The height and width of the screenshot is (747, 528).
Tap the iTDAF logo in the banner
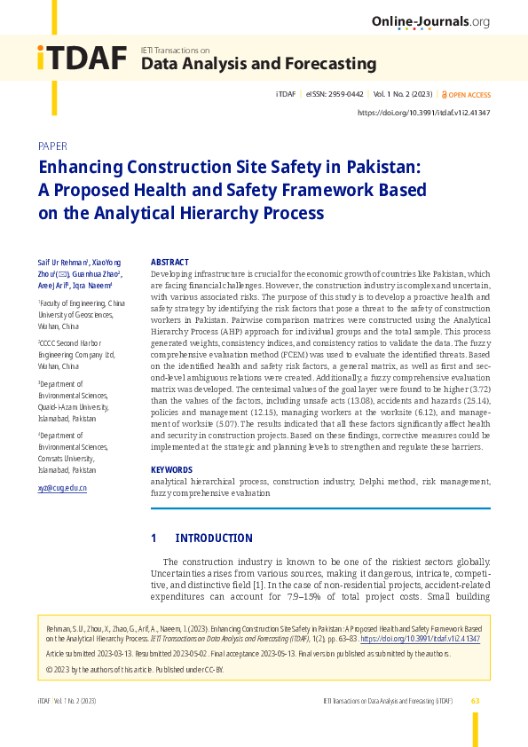pos(82,58)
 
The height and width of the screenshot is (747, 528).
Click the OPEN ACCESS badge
pos(467,94)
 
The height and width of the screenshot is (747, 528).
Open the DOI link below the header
pos(423,113)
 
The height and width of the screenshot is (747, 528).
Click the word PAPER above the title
pos(52,146)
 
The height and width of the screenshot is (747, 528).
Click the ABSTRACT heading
pos(169,263)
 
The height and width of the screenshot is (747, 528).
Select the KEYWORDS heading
pos(171,469)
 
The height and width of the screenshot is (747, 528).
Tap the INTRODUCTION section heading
pos(214,539)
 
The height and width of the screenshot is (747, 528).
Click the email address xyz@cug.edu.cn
pos(62,488)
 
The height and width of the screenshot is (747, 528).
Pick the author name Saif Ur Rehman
pos(63,263)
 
